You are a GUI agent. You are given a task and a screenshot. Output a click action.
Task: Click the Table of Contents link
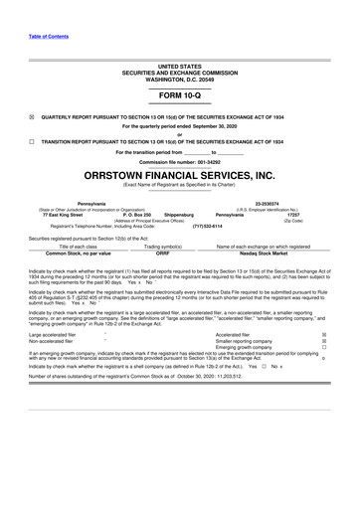[x=33, y=10]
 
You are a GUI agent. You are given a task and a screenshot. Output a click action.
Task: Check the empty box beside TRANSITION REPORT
[x=32, y=141]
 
